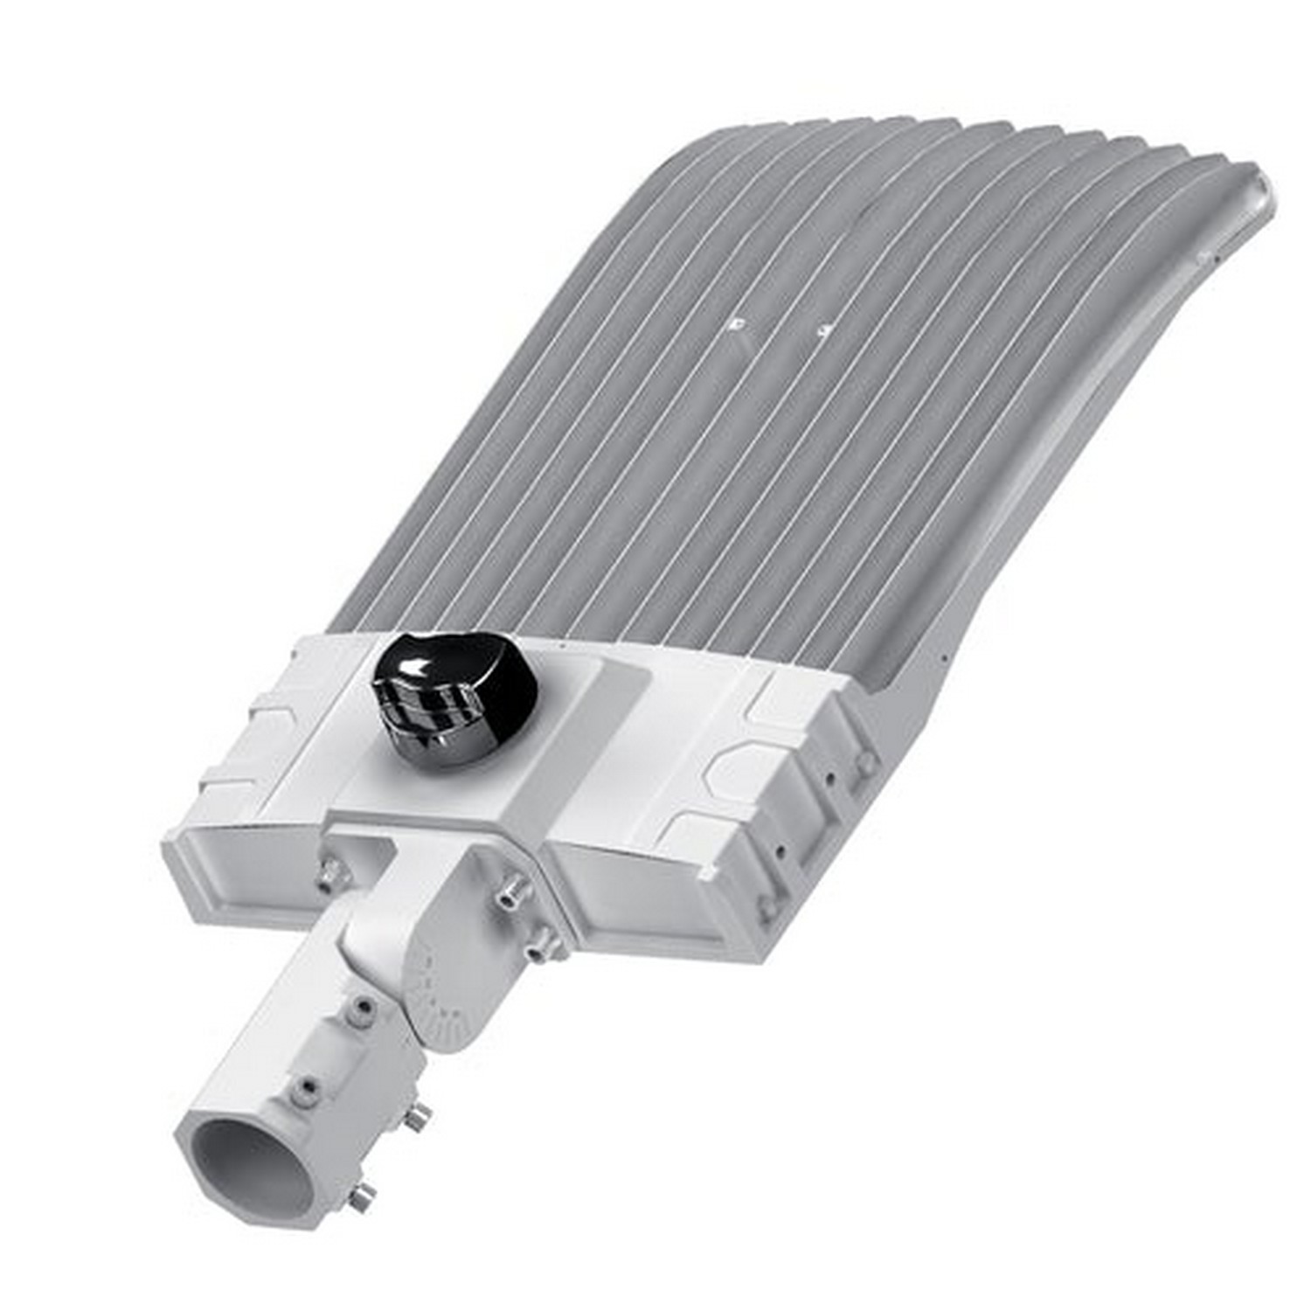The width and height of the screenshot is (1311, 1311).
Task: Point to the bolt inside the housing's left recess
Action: [329, 871]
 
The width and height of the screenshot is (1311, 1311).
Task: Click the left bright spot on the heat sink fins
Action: [739, 323]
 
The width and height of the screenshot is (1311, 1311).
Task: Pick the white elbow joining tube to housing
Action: [385, 926]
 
